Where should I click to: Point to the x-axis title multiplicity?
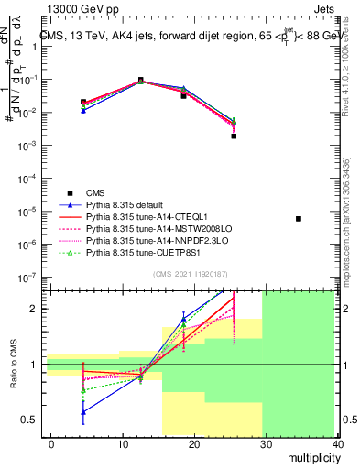[x=313, y=458]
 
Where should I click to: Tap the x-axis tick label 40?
[x=339, y=444]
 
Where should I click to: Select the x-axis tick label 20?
[x=195, y=444]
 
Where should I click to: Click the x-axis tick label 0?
[x=51, y=444]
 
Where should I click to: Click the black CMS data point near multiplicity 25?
[x=234, y=136]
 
